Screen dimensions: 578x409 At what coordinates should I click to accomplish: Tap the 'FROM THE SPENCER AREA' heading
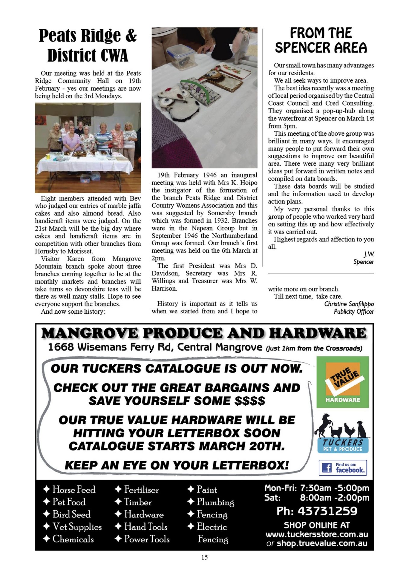pyautogui.click(x=321, y=40)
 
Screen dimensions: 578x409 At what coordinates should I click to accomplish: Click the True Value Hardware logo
pyautogui.click(x=342, y=382)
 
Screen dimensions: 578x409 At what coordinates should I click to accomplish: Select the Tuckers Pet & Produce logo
pyautogui.click(x=342, y=434)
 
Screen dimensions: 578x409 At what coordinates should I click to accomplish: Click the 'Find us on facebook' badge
pyautogui.click(x=343, y=468)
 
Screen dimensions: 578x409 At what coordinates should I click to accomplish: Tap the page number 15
pyautogui.click(x=204, y=557)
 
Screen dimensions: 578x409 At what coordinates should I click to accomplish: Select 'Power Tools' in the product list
pyautogui.click(x=147, y=539)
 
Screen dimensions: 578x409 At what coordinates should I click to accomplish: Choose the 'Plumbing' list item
pyautogui.click(x=215, y=502)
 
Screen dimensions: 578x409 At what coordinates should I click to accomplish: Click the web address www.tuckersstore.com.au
pyautogui.click(x=317, y=534)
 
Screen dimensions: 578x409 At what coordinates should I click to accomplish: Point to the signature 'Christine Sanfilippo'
pyautogui.click(x=349, y=304)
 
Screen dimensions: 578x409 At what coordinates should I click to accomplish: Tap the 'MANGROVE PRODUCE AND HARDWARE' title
pyautogui.click(x=204, y=333)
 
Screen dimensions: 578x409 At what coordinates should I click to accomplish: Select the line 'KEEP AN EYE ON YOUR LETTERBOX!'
pyautogui.click(x=177, y=465)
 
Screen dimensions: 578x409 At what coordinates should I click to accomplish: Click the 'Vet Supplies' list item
pyautogui.click(x=77, y=527)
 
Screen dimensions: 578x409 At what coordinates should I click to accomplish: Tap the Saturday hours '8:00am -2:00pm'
pyautogui.click(x=334, y=498)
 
